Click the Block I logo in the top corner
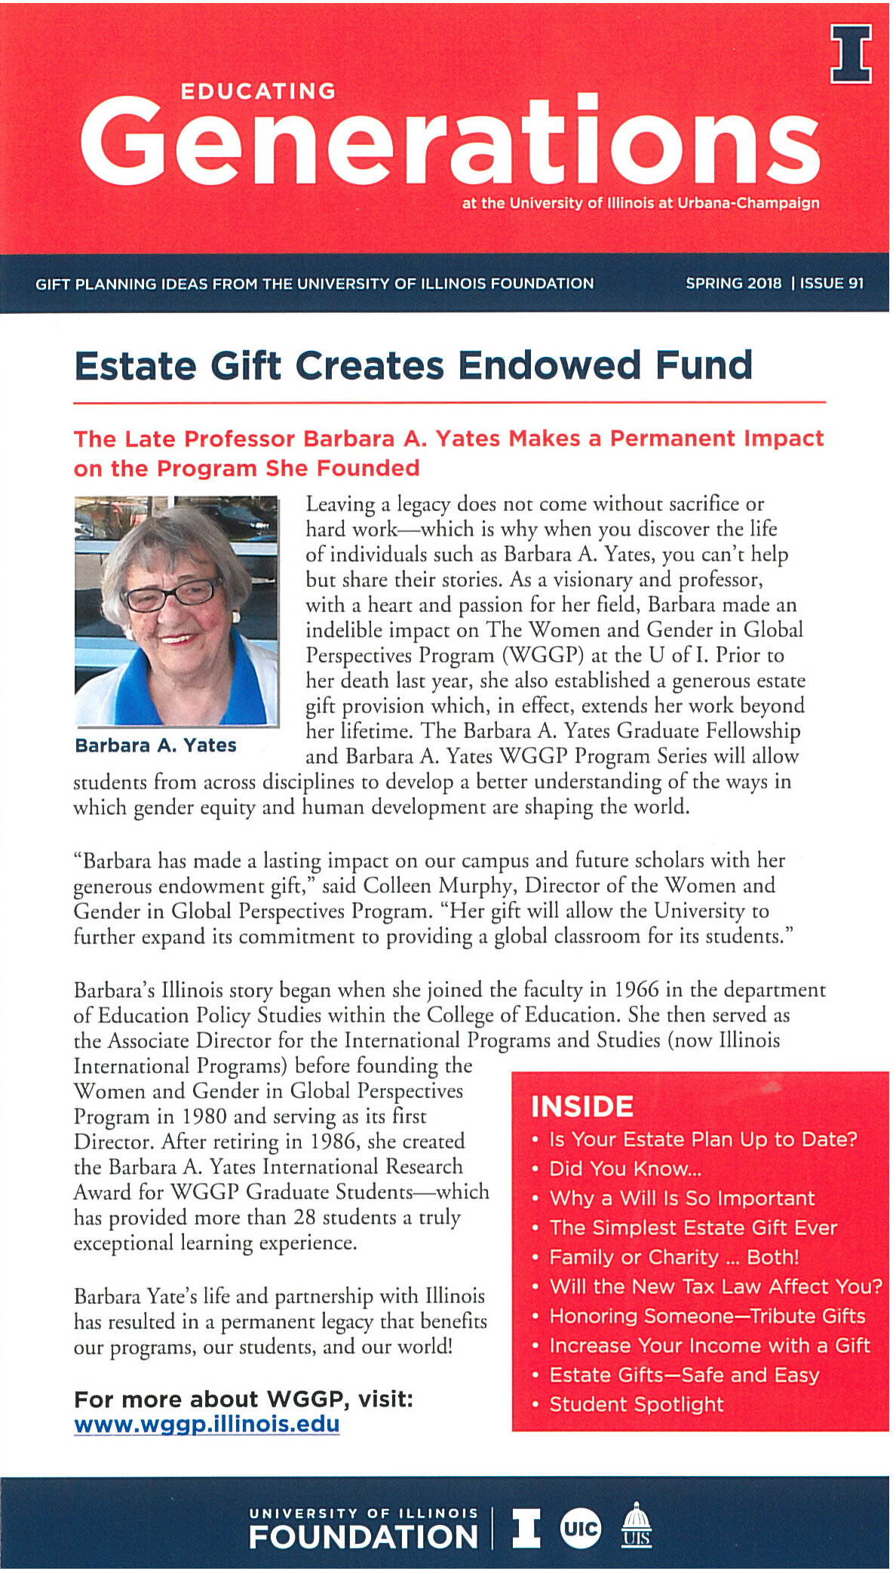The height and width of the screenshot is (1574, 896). coord(851,54)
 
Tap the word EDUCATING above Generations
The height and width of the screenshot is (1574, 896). coord(258,91)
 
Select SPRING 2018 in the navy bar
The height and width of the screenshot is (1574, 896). coord(733,284)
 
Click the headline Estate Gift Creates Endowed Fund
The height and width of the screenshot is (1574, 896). coord(413,366)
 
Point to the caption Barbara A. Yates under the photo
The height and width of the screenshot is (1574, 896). coord(155,745)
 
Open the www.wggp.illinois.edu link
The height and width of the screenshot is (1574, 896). coord(207,1425)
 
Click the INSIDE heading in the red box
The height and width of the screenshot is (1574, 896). coord(581,1107)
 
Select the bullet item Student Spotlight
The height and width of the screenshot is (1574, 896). coord(636,1404)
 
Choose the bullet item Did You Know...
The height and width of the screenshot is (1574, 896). coord(624,1169)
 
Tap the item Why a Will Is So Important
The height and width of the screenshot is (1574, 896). coord(682,1198)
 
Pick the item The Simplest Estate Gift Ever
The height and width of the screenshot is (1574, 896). coord(692,1228)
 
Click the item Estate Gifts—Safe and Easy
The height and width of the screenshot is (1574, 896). coord(683,1375)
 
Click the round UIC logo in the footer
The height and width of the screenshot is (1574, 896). coord(580,1529)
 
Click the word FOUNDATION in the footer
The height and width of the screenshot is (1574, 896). coord(363,1537)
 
